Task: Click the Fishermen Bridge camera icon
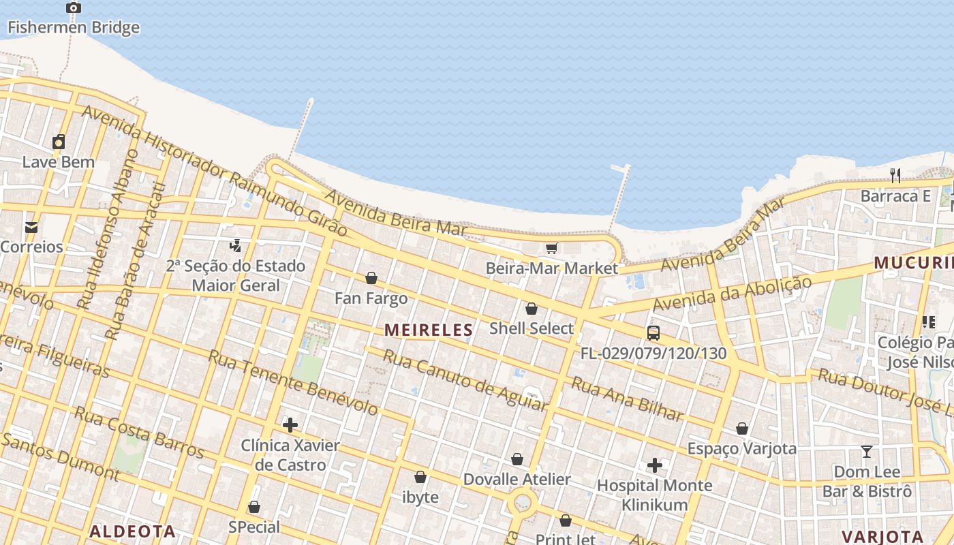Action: (74, 8)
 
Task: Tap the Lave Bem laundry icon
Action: (59, 142)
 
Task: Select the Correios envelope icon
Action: (31, 228)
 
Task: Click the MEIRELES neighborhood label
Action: (429, 330)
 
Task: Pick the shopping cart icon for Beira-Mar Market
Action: (551, 249)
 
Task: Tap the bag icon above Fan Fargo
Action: (371, 279)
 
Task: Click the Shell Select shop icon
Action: (532, 309)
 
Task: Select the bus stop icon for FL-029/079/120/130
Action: (653, 333)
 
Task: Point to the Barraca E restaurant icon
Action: (895, 176)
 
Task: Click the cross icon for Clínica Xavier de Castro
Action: (290, 426)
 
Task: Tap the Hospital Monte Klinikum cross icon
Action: (655, 466)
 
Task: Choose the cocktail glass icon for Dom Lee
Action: (867, 452)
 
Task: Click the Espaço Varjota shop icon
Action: (742, 429)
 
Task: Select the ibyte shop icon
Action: (420, 478)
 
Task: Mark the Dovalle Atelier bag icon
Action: (517, 460)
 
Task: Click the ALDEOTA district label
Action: (133, 532)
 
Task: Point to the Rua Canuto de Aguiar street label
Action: (465, 380)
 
